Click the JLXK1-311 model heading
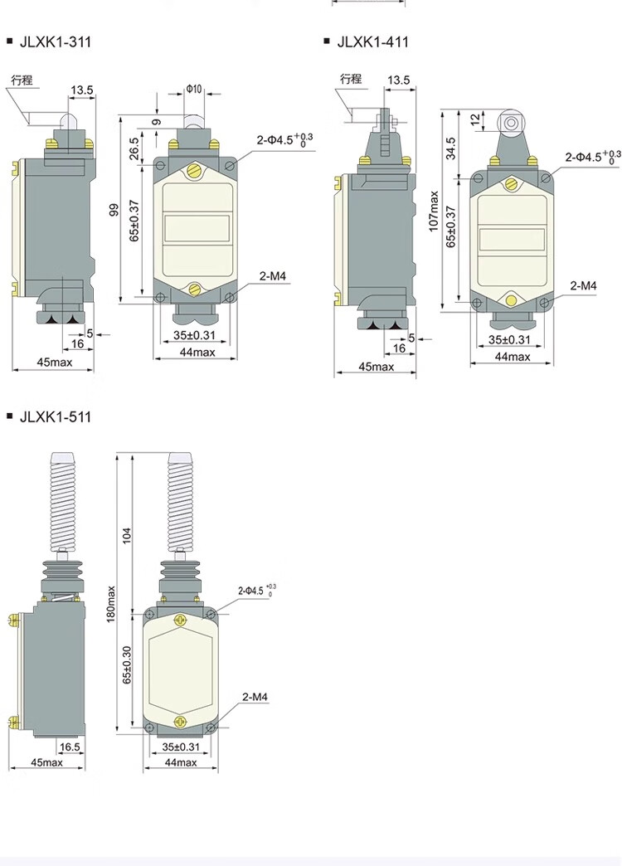[56, 42]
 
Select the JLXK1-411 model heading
[373, 42]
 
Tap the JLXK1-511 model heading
[56, 417]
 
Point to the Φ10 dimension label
[194, 89]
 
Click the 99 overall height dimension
[114, 210]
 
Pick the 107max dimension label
[434, 211]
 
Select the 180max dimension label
[112, 604]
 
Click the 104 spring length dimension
[128, 535]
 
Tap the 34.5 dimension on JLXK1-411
[451, 148]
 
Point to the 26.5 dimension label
[134, 149]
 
